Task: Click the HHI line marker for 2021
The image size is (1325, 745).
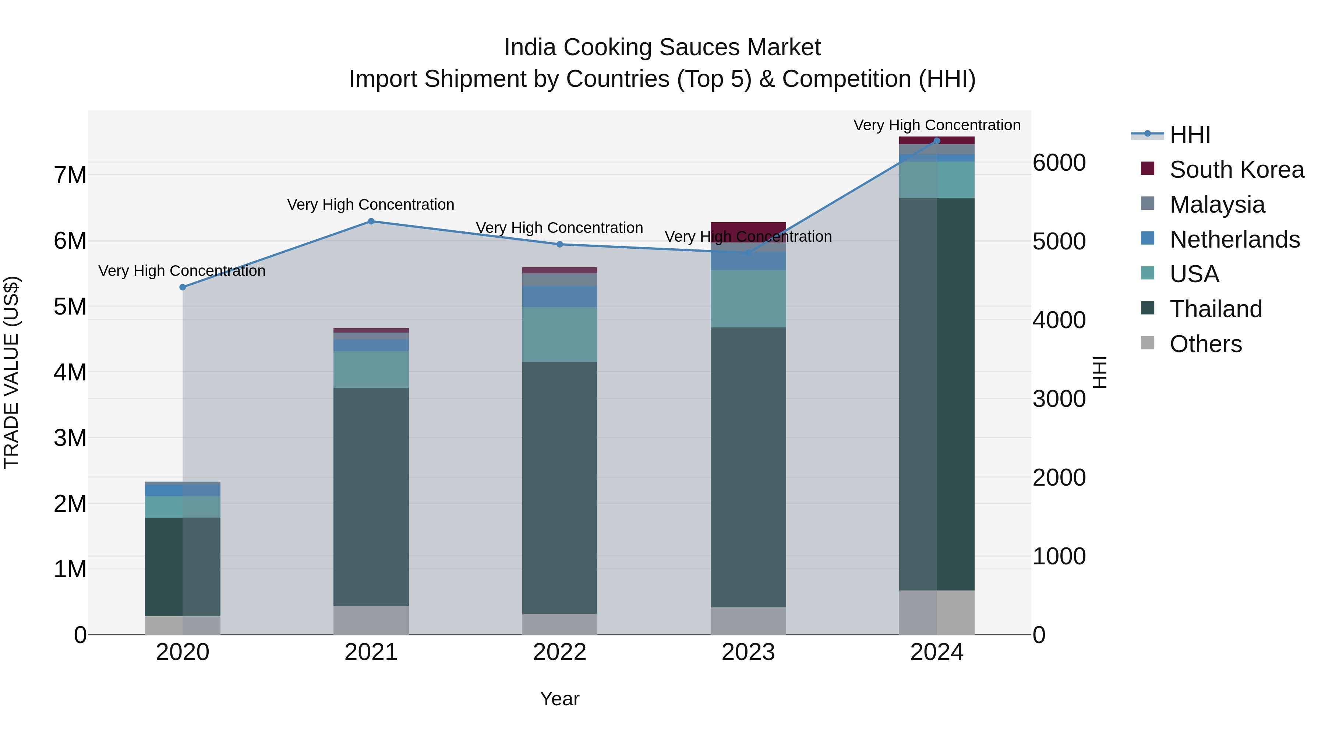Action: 371,221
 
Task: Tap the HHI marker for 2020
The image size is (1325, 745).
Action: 183,287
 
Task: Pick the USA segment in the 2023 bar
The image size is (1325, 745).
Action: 748,298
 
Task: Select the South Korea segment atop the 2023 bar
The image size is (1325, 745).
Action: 748,229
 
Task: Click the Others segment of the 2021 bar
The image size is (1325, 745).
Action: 371,620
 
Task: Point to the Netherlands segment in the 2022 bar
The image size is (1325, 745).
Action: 559,296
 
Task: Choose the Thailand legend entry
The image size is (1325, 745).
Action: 1215,309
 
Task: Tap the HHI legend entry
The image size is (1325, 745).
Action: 1189,135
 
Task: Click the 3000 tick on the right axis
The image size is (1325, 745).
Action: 1059,398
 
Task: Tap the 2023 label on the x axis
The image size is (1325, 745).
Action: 748,652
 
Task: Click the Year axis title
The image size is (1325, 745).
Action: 559,699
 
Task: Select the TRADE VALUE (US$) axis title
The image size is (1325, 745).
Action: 11,372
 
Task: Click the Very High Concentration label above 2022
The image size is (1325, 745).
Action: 559,227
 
